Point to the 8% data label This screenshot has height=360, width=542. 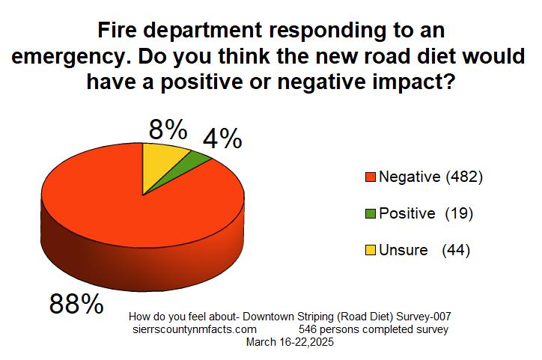(168, 130)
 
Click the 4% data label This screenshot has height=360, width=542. (223, 138)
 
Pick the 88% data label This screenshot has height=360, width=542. (76, 304)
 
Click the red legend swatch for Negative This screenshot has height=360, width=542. (369, 177)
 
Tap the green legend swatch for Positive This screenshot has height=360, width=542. (369, 214)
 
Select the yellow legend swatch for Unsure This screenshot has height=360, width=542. (369, 251)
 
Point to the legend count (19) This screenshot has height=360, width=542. (459, 214)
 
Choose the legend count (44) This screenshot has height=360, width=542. (456, 251)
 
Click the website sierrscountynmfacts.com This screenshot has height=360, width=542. (194, 329)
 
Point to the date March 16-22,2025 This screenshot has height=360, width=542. (290, 342)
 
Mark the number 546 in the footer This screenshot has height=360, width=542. (308, 329)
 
